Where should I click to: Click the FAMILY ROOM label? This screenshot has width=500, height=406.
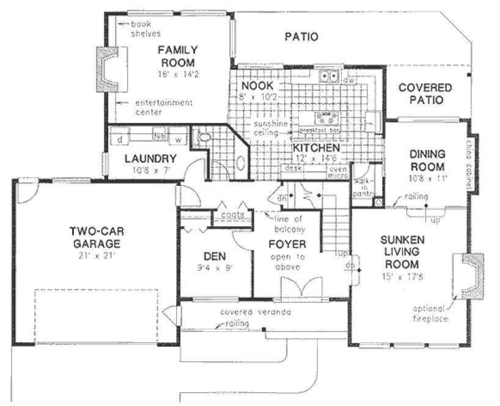[x=177, y=56]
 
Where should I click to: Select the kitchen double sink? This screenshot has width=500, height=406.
[x=331, y=76]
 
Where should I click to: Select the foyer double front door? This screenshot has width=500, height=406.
[x=300, y=289]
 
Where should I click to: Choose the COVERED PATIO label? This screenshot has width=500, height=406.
[x=425, y=94]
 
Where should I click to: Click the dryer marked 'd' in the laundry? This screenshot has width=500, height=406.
[x=120, y=139]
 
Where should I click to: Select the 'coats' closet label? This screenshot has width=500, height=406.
[x=233, y=215]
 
